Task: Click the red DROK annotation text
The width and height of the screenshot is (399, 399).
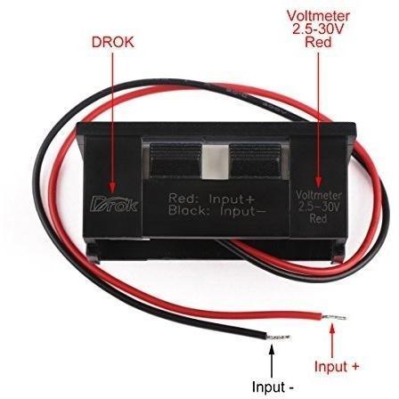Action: [x=113, y=43]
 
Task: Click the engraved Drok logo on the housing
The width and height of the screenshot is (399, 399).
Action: [x=114, y=204]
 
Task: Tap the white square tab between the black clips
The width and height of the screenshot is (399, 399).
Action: [x=216, y=162]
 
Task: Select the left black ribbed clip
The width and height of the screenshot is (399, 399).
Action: [x=175, y=160]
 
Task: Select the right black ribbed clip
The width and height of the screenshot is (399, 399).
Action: [x=256, y=160]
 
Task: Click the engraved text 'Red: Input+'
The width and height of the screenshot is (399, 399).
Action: [x=212, y=199]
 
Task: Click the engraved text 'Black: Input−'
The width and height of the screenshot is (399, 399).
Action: [x=216, y=211]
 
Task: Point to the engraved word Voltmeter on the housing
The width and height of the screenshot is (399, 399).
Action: [x=319, y=196]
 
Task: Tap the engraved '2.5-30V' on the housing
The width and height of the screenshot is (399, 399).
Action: [x=319, y=207]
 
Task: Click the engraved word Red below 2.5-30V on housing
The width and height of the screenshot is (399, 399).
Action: [x=318, y=218]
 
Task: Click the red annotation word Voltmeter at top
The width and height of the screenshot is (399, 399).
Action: [x=319, y=16]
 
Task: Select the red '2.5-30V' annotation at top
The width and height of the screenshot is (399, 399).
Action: [x=318, y=29]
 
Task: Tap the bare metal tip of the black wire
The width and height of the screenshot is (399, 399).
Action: [x=279, y=337]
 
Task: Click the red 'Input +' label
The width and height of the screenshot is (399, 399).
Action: [x=337, y=366]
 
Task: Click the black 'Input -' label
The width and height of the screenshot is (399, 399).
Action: [x=273, y=387]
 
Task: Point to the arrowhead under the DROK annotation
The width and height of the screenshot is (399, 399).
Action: [x=112, y=187]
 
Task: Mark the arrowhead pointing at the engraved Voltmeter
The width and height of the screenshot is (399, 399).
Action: [x=319, y=182]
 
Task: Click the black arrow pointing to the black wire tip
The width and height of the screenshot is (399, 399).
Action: [x=272, y=360]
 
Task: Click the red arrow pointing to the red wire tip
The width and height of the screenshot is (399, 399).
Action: [x=332, y=340]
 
